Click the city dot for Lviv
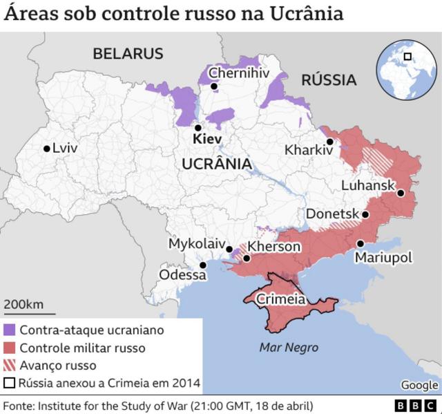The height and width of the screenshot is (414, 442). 46,148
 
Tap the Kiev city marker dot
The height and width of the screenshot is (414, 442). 198,128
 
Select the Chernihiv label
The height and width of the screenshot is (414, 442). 238,73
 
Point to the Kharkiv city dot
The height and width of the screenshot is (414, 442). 330,142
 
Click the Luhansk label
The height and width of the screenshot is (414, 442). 367,185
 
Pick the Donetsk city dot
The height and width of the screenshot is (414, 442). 365,214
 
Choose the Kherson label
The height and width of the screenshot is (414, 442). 274,247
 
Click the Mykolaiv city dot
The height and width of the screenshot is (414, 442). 229,249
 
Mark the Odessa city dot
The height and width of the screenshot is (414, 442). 203,265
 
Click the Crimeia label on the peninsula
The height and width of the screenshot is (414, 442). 280,299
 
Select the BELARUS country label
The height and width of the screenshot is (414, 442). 128,53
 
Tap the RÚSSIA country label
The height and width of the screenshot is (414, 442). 329,80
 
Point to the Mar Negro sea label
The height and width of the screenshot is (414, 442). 289,348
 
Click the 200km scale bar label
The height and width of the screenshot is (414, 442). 24,304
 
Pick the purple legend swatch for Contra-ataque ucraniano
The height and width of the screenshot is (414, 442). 10,330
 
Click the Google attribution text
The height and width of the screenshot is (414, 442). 419,385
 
